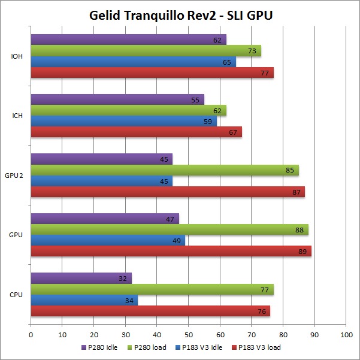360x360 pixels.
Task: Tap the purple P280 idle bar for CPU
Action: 81,278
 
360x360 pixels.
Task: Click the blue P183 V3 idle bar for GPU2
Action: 101,181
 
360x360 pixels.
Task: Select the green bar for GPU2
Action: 165,170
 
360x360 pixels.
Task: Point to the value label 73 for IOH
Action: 252,51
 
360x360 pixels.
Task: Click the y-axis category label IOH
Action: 17,56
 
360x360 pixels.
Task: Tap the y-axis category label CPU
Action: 17,295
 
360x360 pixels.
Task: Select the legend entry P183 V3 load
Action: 259,347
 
